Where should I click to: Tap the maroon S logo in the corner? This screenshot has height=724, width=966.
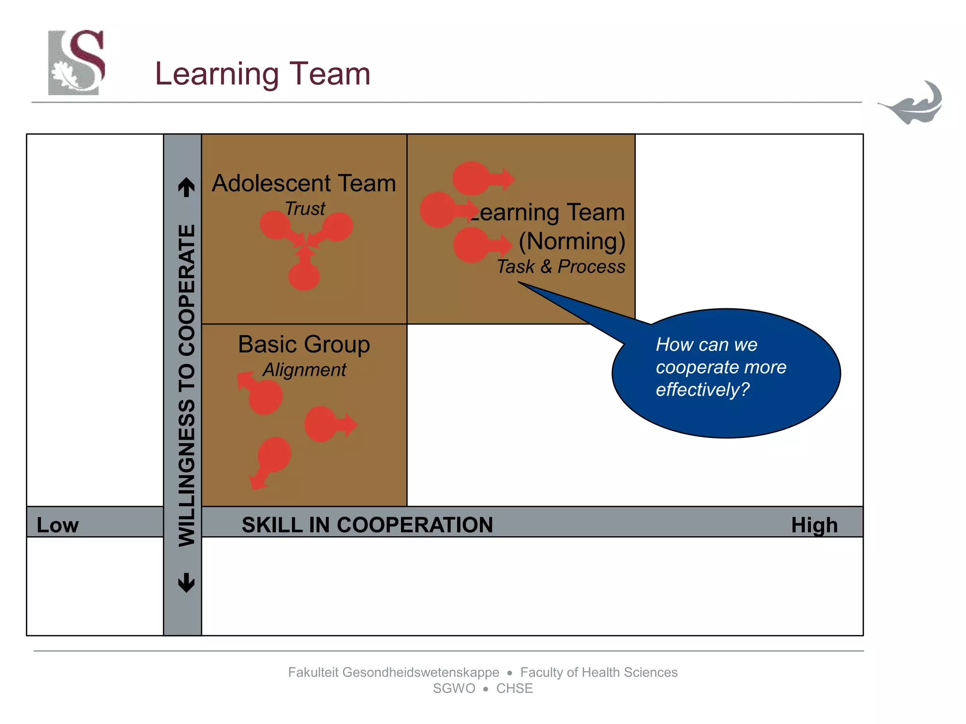point(76,62)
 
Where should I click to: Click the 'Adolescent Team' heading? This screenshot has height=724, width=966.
point(304,183)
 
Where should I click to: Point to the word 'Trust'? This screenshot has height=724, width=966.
point(305,208)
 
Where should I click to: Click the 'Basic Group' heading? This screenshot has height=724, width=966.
point(304,344)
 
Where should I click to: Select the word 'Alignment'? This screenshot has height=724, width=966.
point(304,370)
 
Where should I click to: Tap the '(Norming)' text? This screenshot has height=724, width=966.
point(572,241)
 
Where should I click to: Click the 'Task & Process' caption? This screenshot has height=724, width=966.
point(561,267)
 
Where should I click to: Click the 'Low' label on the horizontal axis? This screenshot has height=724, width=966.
point(58,525)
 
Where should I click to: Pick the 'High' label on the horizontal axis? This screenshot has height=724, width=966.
point(814,525)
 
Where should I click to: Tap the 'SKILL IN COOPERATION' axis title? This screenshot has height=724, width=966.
point(367,525)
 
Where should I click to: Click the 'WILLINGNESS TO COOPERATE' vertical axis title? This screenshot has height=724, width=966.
point(186,386)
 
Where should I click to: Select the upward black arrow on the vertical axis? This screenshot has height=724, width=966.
point(186,187)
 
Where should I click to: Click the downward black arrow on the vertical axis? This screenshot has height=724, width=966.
point(186,583)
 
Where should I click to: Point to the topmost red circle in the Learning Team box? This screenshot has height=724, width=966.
point(472,178)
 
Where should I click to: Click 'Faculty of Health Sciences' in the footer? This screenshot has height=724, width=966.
point(599,672)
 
